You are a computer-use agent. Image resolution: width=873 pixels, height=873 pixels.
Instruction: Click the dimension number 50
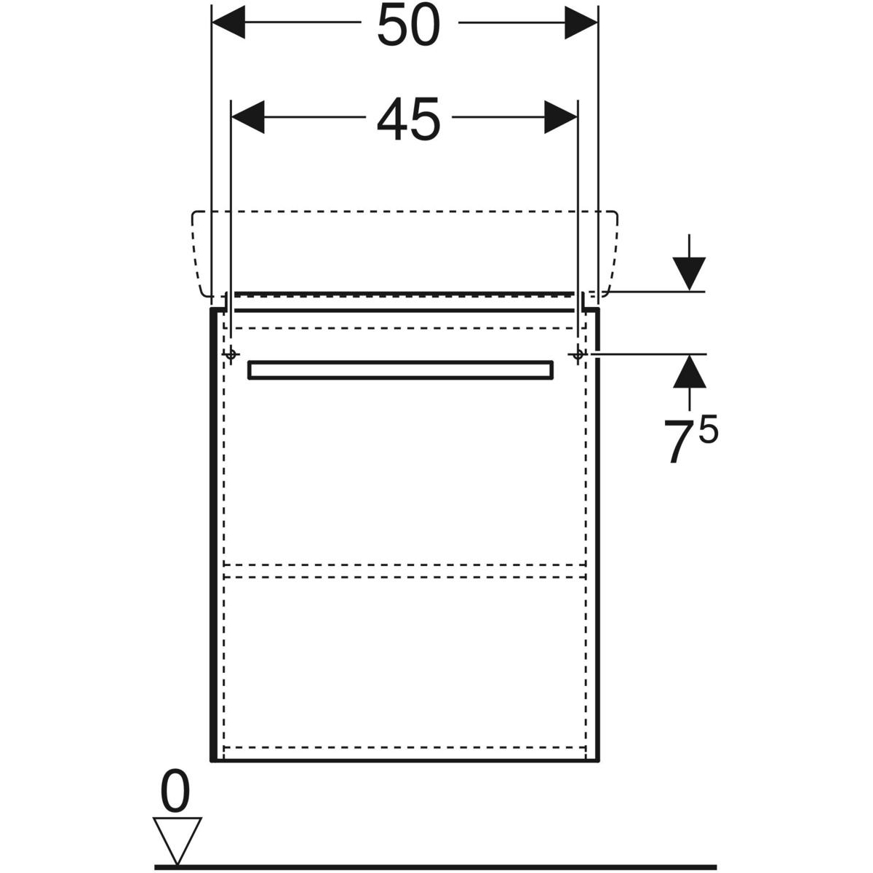tap(409, 25)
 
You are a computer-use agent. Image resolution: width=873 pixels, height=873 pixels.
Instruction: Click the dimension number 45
tap(409, 119)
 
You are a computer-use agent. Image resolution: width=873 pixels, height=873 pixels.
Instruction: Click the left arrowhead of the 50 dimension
tap(228, 23)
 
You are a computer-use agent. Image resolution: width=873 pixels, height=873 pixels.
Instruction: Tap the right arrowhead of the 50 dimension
tap(581, 23)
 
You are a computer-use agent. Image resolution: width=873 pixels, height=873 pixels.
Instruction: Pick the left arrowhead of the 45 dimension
tap(248, 117)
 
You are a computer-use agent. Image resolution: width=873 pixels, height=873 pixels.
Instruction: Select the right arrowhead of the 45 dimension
tap(561, 117)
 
